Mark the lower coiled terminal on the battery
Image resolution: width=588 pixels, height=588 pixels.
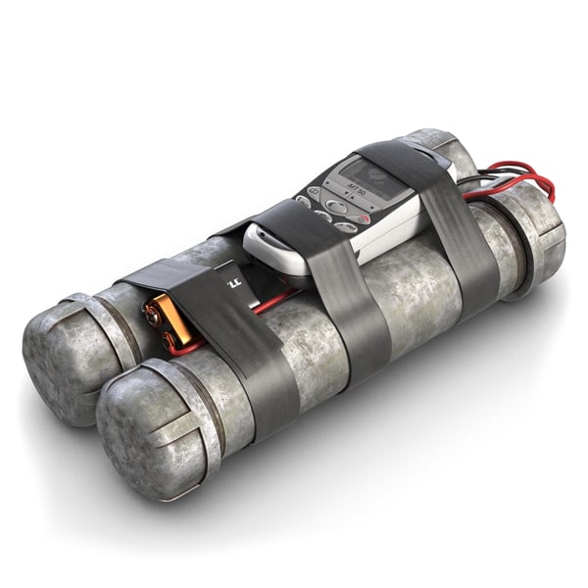point(169,340)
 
